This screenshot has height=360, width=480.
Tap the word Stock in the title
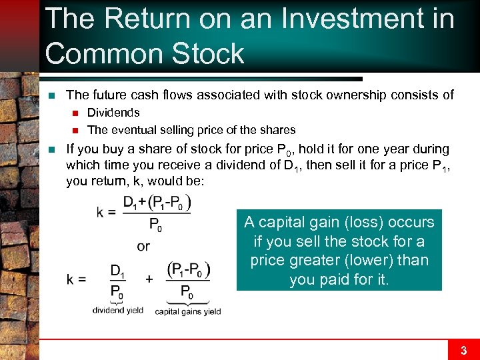coord(206,53)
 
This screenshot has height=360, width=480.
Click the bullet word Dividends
coord(113,113)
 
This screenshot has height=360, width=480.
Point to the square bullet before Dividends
coord(76,113)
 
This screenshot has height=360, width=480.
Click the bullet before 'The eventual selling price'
coord(76,130)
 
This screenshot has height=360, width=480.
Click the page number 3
coord(463,350)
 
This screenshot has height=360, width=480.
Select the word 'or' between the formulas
coord(143,246)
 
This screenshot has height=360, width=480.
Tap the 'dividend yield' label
coord(117,310)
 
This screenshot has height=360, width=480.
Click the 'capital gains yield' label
coord(187,311)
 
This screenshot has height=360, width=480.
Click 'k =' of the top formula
coord(107,212)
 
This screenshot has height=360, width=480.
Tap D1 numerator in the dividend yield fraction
coord(117,270)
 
